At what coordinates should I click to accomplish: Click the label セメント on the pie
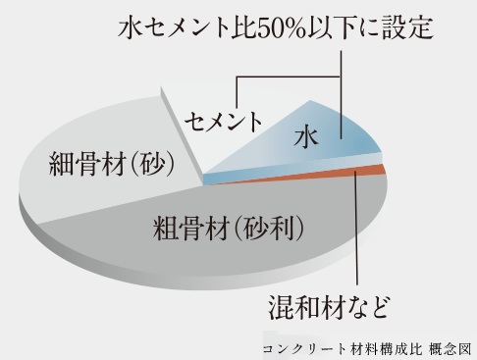tap(224, 123)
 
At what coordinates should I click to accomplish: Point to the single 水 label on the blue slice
tap(309, 141)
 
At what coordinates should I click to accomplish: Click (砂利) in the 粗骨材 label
tap(271, 231)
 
